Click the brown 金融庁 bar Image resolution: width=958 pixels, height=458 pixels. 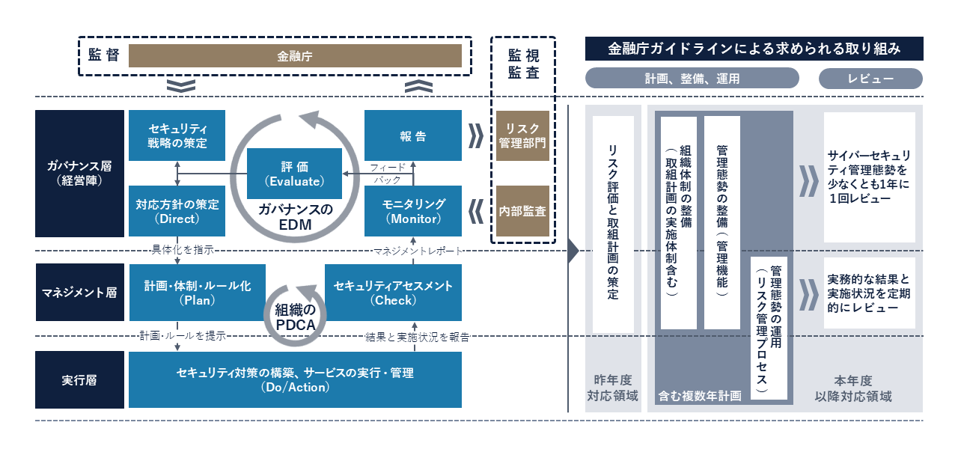click(295, 56)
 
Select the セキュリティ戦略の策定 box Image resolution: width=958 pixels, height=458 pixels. click(177, 135)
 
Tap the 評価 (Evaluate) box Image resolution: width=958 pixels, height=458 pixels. click(294, 174)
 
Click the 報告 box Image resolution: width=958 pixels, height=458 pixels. click(413, 135)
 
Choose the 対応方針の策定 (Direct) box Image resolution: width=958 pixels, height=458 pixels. click(177, 211)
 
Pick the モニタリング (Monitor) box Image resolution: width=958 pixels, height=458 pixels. click(413, 211)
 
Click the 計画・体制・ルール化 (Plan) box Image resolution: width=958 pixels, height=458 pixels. click(198, 293)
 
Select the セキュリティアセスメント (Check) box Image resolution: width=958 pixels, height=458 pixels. click(393, 293)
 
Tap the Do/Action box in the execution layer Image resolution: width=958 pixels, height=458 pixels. click(295, 380)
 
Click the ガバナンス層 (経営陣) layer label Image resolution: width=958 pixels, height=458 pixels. click(79, 174)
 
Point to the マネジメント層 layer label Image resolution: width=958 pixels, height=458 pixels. click(79, 293)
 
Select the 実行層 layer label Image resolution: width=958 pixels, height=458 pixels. click(79, 380)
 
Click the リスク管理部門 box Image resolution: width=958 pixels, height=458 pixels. click(522, 135)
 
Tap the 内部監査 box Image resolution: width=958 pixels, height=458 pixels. click(522, 211)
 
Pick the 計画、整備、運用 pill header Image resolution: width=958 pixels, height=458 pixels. click(692, 79)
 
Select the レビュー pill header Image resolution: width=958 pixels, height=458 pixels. click(870, 79)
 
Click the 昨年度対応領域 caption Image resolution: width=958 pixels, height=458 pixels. click(613, 388)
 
